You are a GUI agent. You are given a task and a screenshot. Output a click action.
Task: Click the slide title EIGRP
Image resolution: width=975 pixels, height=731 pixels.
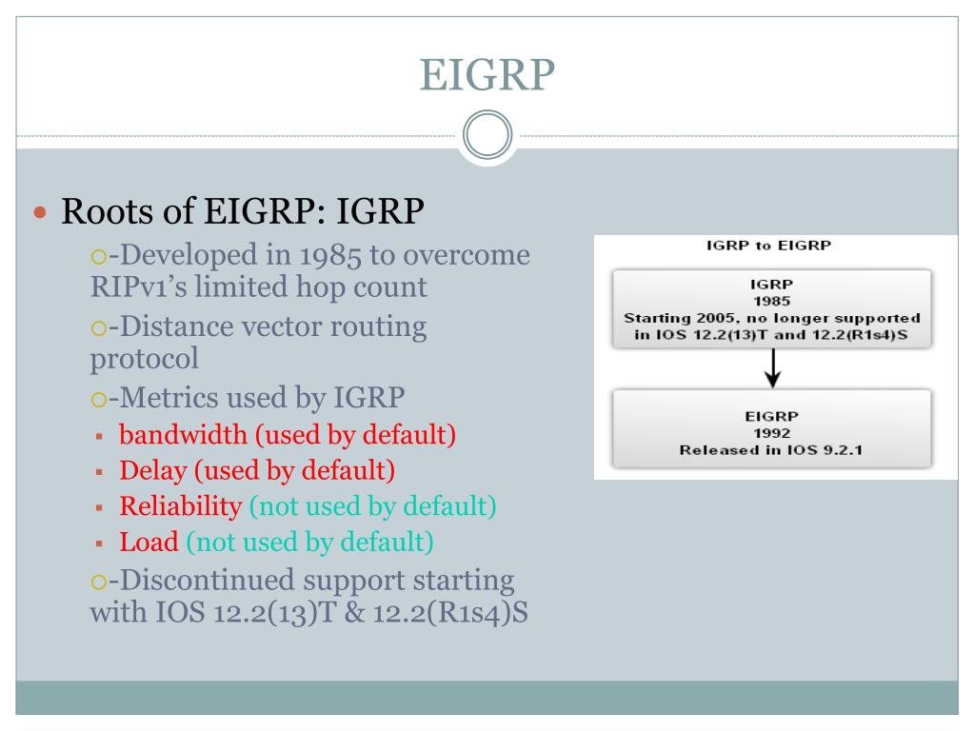(487, 75)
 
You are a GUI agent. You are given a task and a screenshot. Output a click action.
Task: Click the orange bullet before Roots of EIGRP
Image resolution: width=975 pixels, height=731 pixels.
(40, 212)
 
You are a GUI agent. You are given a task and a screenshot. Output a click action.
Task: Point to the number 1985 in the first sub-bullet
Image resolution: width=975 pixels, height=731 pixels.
(329, 255)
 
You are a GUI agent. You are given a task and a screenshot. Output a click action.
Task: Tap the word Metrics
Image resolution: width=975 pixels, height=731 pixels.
(169, 398)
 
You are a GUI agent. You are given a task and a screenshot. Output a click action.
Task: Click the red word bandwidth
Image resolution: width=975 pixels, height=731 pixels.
(183, 434)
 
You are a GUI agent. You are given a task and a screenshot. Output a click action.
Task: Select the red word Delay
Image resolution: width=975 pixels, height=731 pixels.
(153, 470)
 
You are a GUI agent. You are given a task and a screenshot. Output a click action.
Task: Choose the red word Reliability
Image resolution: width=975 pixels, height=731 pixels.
(180, 506)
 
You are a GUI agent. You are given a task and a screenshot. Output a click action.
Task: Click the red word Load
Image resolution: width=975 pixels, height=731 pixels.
(149, 542)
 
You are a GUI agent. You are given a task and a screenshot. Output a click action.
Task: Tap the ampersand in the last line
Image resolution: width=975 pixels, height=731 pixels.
(354, 613)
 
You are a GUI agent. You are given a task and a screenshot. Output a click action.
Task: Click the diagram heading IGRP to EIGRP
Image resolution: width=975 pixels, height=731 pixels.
(768, 246)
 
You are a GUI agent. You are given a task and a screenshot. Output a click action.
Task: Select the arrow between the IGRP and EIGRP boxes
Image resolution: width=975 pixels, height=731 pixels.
(772, 368)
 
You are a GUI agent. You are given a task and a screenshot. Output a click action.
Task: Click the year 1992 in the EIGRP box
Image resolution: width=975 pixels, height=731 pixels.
(771, 433)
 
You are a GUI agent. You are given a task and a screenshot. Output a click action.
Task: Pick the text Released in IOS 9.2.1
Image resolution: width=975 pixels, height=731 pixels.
(771, 450)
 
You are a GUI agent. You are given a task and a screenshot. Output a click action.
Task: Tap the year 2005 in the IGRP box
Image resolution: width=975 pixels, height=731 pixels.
(717, 318)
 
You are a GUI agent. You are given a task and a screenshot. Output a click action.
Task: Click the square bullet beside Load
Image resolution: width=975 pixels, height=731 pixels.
(99, 543)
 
